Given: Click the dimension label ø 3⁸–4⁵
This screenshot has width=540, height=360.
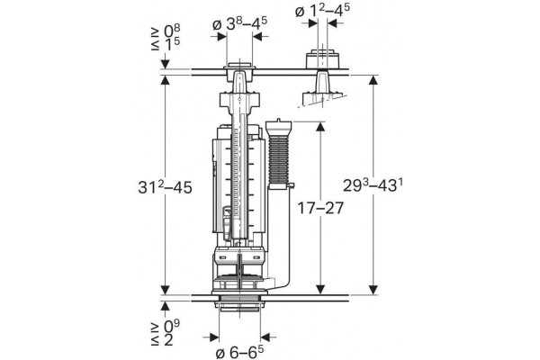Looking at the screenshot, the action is [239, 23].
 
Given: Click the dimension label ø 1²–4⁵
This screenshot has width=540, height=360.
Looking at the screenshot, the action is [322, 11].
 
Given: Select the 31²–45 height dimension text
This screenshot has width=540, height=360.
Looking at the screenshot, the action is [165, 186].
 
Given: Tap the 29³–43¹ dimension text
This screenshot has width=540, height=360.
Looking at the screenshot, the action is [373, 185].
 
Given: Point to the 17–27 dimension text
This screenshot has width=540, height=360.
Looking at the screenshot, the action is [320, 208].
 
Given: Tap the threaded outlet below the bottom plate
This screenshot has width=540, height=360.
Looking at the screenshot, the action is [239, 305].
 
